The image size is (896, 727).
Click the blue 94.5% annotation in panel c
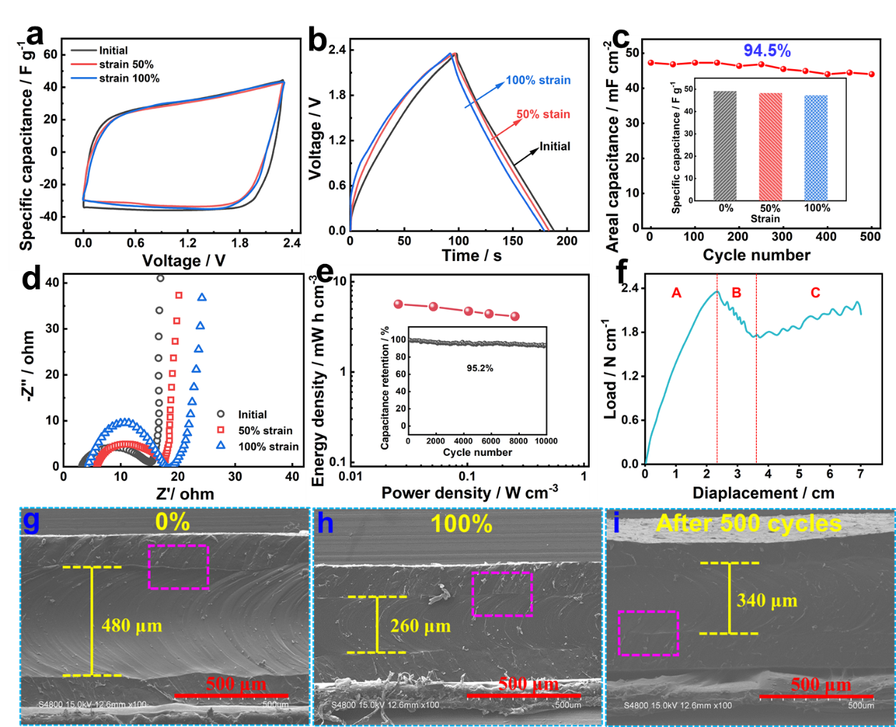pos(767,51)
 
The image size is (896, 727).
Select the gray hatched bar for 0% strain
pos(725,146)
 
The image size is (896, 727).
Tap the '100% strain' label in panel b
pos(538,81)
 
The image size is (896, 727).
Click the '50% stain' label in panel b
pos(543,114)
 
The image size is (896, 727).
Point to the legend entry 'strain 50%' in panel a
pos(126,64)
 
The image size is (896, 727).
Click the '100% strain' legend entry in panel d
pos(268,447)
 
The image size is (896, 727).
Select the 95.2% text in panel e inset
pos(480,368)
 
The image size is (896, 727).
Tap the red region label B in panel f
pos(737,293)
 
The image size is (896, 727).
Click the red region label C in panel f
pos(815,293)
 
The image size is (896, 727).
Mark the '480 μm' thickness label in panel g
pos(132,626)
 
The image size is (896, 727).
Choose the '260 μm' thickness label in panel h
pos(421,627)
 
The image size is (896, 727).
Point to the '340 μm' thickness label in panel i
pos(767,601)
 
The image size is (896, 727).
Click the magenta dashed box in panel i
pos(648,633)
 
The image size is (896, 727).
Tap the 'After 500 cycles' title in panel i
pos(748,524)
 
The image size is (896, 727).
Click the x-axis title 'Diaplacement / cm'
pos(763,493)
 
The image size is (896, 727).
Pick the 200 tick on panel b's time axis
pos(567,241)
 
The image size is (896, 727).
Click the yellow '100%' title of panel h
pos(461,524)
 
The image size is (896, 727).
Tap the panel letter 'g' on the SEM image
pos(31,521)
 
